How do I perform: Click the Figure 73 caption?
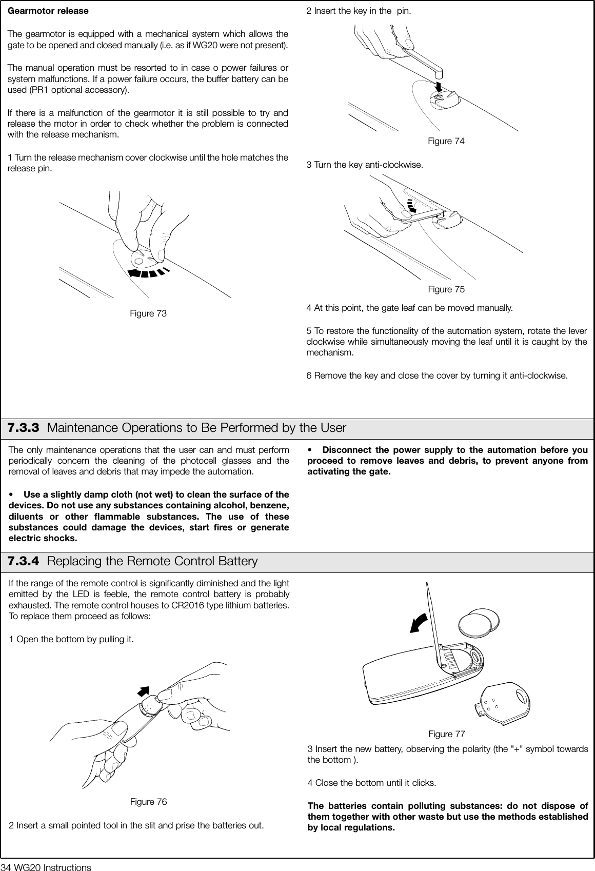148,313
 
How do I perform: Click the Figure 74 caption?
446,141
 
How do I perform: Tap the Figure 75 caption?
446,289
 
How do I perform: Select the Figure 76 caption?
148,802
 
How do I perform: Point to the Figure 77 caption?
446,734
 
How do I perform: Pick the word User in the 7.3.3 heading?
333,428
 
